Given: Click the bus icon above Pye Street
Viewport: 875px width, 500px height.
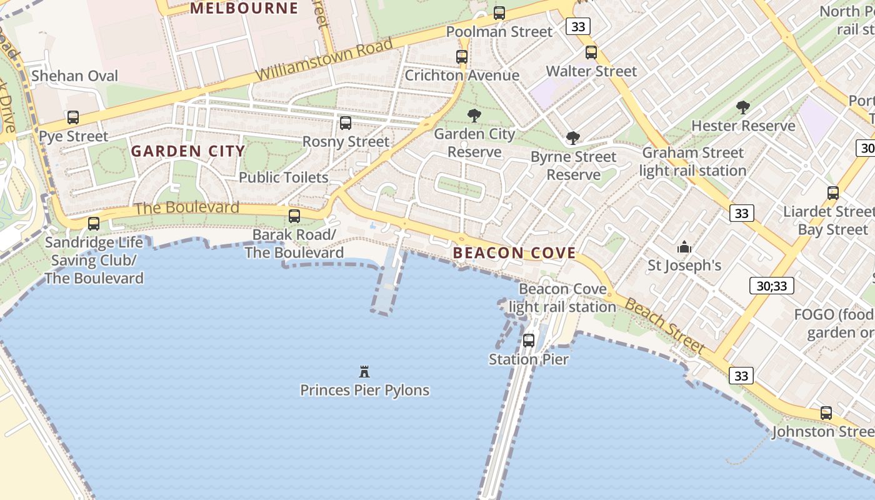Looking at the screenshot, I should click(x=73, y=117).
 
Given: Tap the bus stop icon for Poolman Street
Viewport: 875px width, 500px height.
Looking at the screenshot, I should click(x=499, y=12).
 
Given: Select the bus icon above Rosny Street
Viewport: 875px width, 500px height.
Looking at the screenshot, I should click(x=346, y=123).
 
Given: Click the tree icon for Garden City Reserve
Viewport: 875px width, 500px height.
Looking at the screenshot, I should click(x=474, y=115).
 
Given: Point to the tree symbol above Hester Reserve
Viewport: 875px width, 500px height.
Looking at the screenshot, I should click(x=742, y=107).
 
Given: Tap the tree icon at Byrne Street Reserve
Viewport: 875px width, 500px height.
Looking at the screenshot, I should click(x=572, y=138).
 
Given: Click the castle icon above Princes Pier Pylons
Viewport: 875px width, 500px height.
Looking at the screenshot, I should click(x=364, y=372).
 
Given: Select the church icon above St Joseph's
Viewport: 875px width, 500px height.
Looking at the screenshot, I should click(x=684, y=247).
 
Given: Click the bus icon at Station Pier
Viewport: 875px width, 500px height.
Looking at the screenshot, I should click(x=529, y=341).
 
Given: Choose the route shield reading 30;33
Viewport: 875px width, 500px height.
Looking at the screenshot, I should click(x=772, y=286).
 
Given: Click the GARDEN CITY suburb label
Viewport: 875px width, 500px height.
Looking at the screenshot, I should click(x=187, y=151).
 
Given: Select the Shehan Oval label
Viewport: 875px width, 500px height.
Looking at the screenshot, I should click(x=74, y=76).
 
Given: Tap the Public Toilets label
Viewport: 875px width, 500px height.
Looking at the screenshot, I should click(x=283, y=177).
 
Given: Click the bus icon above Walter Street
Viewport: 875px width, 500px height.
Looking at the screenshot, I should click(x=591, y=52).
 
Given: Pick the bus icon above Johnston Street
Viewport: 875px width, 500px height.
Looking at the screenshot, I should click(x=826, y=412).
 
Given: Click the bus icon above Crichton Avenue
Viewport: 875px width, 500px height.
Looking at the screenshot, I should click(x=462, y=56).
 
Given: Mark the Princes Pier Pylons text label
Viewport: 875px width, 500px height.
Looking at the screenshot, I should click(x=364, y=390).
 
